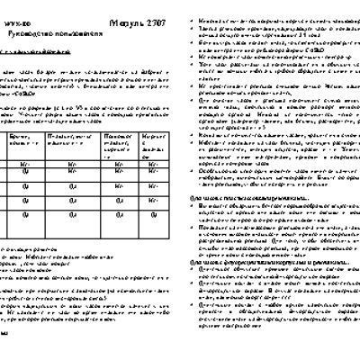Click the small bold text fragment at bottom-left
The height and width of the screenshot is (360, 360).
point(4,358)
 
